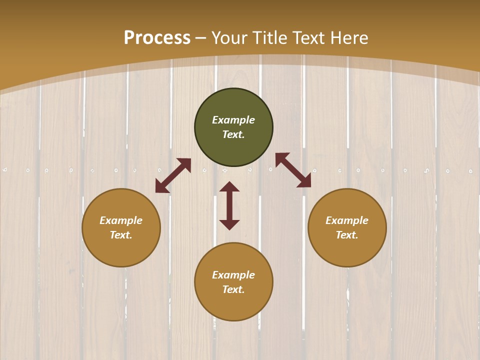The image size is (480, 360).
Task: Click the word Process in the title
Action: pos(157,38)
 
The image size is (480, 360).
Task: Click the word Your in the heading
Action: pos(230,38)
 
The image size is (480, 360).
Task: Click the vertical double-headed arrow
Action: pos(229,205)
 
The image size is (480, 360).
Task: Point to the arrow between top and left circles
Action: pos(173,175)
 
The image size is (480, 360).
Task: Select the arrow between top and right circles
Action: pos(293,170)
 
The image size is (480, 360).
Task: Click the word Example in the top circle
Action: pos(233,120)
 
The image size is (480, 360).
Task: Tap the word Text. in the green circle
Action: pos(233,134)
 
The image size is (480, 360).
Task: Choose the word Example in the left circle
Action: pos(121,220)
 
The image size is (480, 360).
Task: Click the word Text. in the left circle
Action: pos(121,235)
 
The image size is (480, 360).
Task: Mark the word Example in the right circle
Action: pos(347,220)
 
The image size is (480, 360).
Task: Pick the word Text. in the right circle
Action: pos(347,235)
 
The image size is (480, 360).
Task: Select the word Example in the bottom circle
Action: pos(233,275)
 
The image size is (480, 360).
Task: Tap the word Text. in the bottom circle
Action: pos(233,289)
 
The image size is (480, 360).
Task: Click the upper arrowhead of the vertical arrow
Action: pos(229,186)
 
